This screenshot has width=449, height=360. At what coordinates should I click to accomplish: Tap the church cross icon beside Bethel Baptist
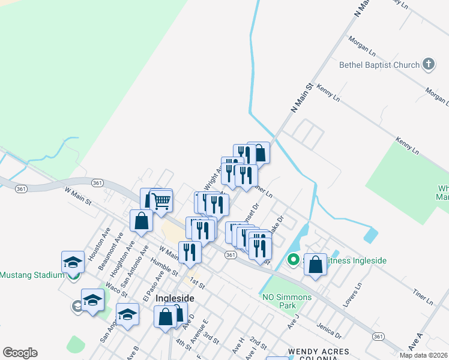[428, 64]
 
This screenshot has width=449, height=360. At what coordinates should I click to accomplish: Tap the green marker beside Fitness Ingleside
[294, 260]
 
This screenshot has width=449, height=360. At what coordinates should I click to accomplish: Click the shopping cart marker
[160, 201]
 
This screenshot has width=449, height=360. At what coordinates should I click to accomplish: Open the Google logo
[20, 353]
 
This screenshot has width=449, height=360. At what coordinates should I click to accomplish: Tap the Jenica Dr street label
[330, 331]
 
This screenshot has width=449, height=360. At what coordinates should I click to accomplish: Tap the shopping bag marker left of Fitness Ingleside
[316, 265]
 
